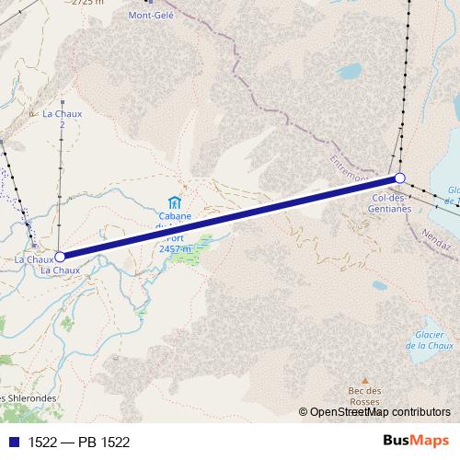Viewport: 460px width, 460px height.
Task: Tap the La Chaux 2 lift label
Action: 63,119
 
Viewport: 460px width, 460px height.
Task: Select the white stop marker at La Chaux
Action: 60,258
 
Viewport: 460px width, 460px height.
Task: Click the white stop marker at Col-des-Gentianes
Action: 400,178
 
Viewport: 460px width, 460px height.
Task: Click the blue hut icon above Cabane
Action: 174,201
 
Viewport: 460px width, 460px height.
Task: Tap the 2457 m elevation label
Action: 174,248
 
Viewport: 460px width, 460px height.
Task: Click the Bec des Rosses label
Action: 365,396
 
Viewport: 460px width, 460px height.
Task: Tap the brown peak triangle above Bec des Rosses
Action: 365,379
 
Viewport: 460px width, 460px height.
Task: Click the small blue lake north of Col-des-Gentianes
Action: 349,70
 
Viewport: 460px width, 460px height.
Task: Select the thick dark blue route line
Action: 230,218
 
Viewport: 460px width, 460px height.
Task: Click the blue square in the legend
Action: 12,442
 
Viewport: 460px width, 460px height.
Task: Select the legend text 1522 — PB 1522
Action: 79,442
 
